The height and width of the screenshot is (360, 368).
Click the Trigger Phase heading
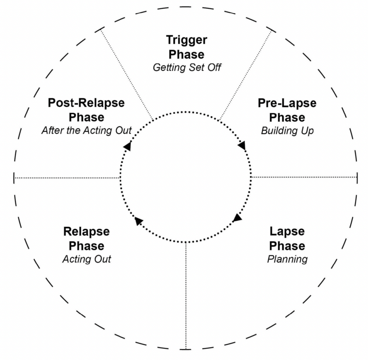pos(187,47)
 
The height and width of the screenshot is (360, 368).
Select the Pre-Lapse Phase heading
pos(287,110)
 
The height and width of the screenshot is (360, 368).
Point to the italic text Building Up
pos(287,130)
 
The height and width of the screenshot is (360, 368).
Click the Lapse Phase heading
pos(287,238)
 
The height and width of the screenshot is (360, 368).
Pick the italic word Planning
pos(287,259)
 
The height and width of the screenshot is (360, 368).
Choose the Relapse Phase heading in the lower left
pos(86,238)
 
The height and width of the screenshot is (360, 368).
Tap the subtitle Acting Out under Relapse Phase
pos(86,259)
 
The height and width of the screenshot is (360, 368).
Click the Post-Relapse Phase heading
pos(86,110)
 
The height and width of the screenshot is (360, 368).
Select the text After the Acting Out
pos(86,130)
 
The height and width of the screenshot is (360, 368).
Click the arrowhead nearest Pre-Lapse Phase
pos(242,146)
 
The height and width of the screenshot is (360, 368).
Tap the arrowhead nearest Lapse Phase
pos(237,218)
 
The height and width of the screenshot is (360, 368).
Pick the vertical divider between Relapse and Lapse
pos(185,294)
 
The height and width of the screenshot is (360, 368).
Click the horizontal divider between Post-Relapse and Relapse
pos(66,178)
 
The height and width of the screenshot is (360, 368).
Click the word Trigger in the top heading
pos(187,40)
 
